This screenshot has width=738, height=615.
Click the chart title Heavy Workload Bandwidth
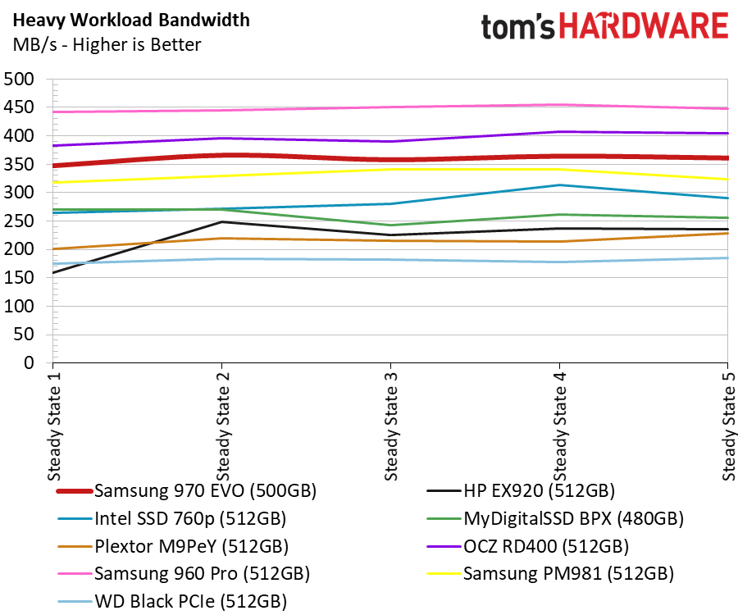click(x=131, y=20)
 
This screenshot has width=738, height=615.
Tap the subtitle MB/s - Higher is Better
click(x=107, y=45)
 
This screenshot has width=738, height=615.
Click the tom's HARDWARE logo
click(x=604, y=26)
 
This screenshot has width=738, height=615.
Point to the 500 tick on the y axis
click(x=19, y=79)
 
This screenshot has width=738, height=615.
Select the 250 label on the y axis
click(x=19, y=221)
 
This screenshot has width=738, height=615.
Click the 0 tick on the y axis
click(x=30, y=362)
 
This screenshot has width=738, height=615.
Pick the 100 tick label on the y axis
click(x=19, y=307)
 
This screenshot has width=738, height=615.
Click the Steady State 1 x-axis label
click(x=55, y=426)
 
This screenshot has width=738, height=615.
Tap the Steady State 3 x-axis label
click(x=392, y=426)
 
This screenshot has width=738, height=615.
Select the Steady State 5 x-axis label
click(x=729, y=426)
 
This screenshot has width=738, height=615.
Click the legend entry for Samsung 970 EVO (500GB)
click(x=186, y=491)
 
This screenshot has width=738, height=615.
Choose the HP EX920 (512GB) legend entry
click(x=521, y=491)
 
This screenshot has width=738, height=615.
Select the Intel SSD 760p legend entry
click(x=172, y=518)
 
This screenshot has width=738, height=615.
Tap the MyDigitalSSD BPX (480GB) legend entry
click(x=555, y=518)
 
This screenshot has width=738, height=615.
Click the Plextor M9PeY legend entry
click(x=173, y=546)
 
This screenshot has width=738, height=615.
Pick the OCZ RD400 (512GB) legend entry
click(x=527, y=546)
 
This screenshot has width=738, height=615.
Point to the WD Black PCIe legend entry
click(x=172, y=601)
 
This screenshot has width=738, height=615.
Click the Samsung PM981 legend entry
click(x=550, y=574)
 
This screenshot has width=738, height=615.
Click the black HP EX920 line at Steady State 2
click(x=221, y=222)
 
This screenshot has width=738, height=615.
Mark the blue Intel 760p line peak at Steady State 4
click(x=559, y=185)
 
